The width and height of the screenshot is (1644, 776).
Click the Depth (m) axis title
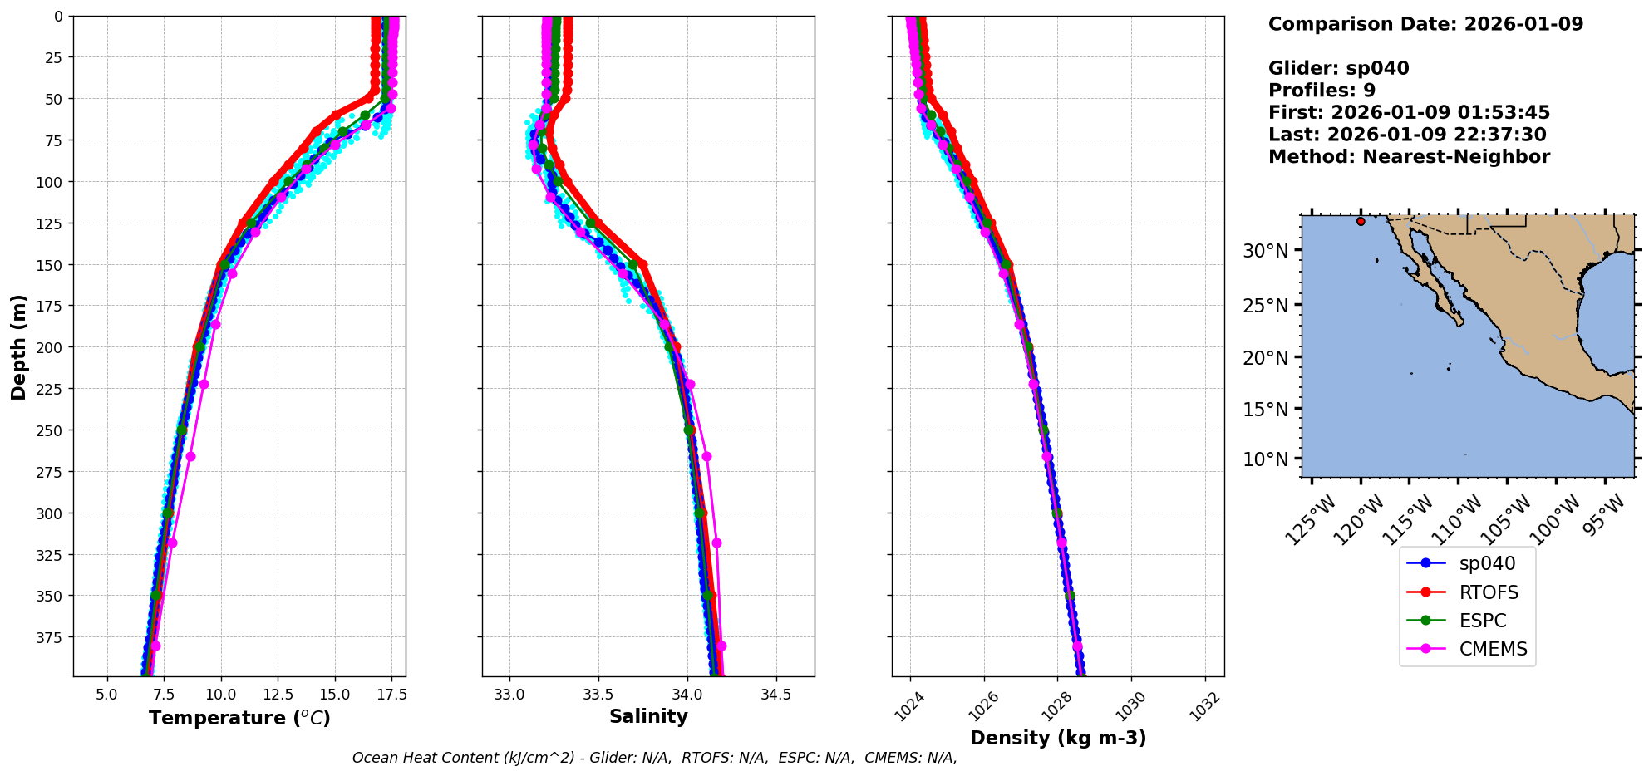click(18, 346)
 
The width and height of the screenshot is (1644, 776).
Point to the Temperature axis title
click(239, 718)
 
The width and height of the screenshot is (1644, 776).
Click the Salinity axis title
click(648, 717)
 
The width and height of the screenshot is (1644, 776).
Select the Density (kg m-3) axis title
click(1058, 738)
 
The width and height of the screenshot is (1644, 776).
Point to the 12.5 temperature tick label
click(278, 695)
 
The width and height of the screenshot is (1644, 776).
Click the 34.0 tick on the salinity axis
click(687, 695)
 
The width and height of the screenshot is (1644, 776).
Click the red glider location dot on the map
click(1361, 221)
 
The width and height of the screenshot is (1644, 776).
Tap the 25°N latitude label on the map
click(1265, 306)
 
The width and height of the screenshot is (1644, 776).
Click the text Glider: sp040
click(1338, 68)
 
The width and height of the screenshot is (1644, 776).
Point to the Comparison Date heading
click(1425, 24)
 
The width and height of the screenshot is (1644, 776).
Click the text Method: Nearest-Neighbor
click(1409, 157)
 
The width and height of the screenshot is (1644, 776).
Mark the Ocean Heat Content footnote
click(654, 758)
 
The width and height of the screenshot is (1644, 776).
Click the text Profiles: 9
click(1322, 91)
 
